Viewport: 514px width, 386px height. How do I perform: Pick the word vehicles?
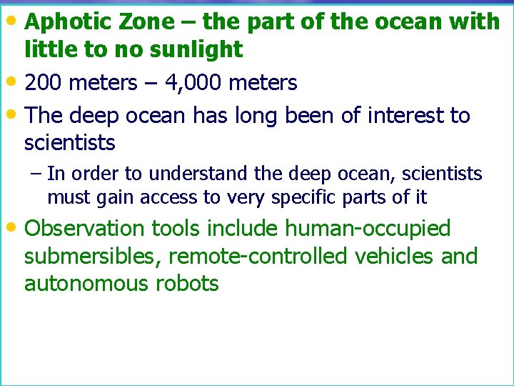[392, 256]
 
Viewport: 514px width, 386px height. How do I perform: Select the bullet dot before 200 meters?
[16, 81]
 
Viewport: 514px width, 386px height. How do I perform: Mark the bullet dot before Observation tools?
[16, 227]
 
